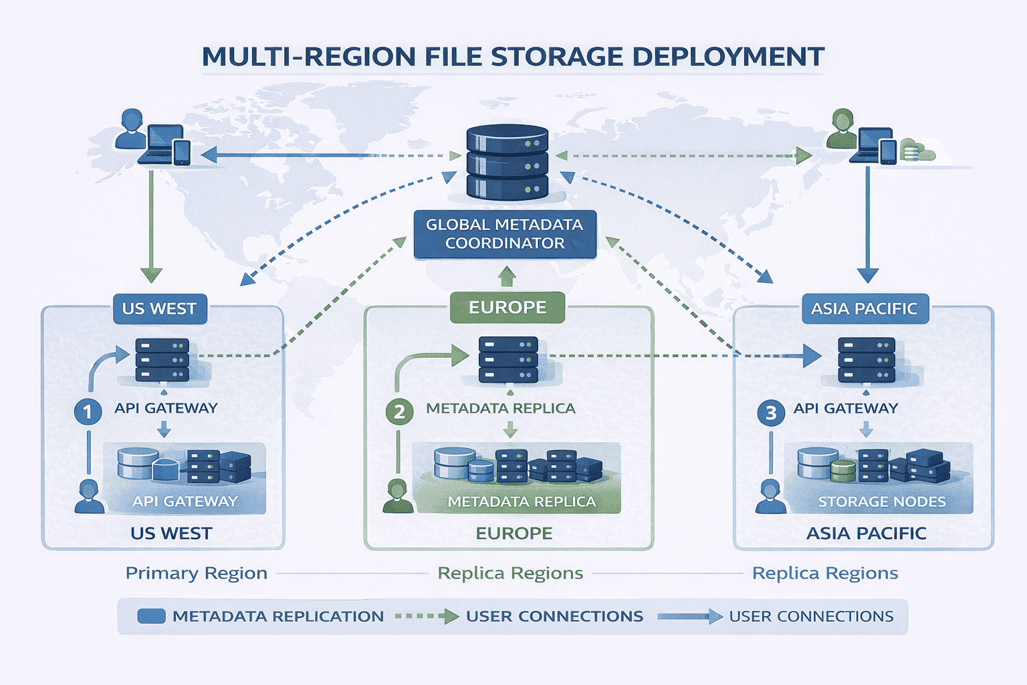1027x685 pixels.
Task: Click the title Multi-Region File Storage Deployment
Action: click(x=513, y=57)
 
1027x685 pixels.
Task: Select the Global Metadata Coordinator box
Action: click(x=505, y=234)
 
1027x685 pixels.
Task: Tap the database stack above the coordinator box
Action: click(x=507, y=163)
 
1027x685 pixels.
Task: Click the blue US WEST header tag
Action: click(x=160, y=308)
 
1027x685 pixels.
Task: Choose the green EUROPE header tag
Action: click(x=507, y=307)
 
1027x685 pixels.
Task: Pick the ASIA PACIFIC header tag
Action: click(x=865, y=308)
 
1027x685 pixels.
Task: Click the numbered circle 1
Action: click(x=88, y=411)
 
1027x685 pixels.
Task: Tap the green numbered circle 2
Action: click(x=399, y=411)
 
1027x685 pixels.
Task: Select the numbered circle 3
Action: click(x=771, y=412)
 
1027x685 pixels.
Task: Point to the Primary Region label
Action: click(x=197, y=573)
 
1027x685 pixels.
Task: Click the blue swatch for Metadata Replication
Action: click(x=151, y=616)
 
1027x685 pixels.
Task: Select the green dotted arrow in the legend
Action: click(x=427, y=616)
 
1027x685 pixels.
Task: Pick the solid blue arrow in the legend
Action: click(x=689, y=616)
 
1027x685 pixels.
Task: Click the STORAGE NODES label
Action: click(x=882, y=502)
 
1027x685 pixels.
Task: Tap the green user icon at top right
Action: click(x=841, y=129)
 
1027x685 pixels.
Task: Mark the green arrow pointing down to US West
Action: click(x=151, y=227)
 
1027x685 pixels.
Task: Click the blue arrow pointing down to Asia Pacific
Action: click(x=867, y=227)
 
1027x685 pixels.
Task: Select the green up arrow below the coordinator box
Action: click(x=507, y=276)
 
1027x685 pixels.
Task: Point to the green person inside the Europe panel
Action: click(x=398, y=496)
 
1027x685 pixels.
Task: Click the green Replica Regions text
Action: click(x=510, y=573)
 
